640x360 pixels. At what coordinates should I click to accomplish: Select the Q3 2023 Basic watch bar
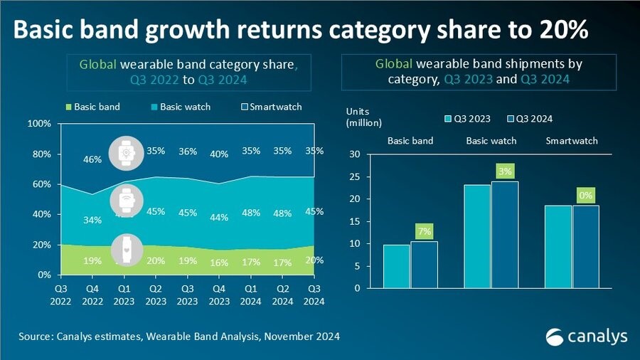477,236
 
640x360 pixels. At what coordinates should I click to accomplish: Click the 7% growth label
425,231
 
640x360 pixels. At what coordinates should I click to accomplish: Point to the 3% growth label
505,171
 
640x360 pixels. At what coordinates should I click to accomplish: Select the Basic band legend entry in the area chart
93,107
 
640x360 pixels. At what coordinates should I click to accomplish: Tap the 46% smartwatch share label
92,160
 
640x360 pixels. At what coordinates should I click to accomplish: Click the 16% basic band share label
220,263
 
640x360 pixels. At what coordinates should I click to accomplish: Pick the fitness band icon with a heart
126,250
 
